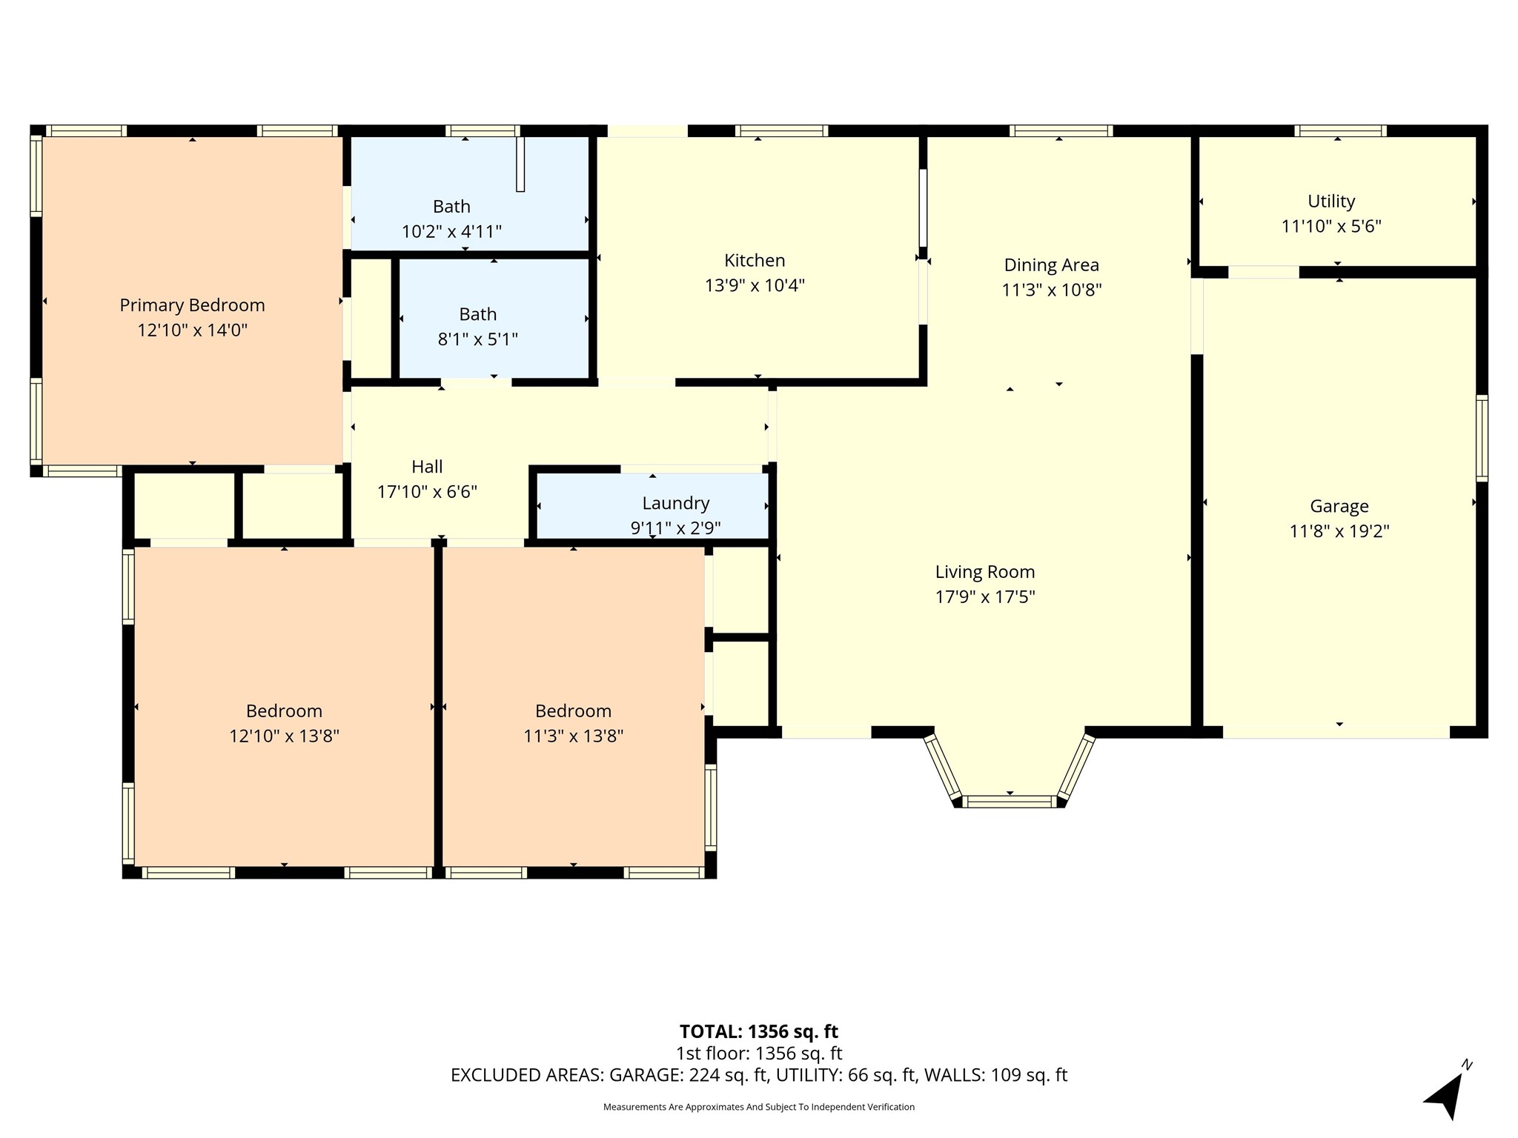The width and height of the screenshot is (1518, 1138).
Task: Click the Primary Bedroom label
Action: (x=192, y=305)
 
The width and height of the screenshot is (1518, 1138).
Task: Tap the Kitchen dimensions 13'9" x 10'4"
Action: (x=755, y=285)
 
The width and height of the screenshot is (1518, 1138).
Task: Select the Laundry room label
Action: (x=676, y=504)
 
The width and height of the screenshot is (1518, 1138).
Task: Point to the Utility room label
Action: (x=1331, y=202)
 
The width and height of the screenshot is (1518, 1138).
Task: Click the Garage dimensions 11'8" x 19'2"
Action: (x=1339, y=531)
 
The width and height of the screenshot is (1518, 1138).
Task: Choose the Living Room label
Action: (x=985, y=572)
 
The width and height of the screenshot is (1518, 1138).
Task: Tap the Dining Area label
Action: (x=1052, y=265)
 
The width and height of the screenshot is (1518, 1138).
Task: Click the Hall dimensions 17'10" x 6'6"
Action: (x=427, y=492)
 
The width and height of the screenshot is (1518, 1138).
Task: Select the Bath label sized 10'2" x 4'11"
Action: (x=451, y=207)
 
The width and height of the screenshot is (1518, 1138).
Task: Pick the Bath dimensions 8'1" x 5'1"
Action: (x=478, y=339)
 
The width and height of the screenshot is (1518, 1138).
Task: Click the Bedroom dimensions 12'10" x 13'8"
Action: (x=284, y=736)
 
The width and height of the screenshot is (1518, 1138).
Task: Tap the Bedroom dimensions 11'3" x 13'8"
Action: (x=573, y=736)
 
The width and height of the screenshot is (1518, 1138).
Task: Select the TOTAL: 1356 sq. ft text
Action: (x=758, y=1031)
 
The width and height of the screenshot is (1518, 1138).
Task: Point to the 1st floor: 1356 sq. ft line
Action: (x=758, y=1054)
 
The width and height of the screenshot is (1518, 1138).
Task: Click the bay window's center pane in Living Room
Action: (x=1010, y=801)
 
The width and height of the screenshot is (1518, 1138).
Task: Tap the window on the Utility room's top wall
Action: (x=1341, y=131)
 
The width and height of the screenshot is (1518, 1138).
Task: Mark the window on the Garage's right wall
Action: (x=1482, y=439)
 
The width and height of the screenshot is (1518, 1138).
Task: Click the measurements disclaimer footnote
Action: (x=758, y=1107)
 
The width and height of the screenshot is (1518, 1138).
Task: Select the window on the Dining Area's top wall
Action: (x=1061, y=131)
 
